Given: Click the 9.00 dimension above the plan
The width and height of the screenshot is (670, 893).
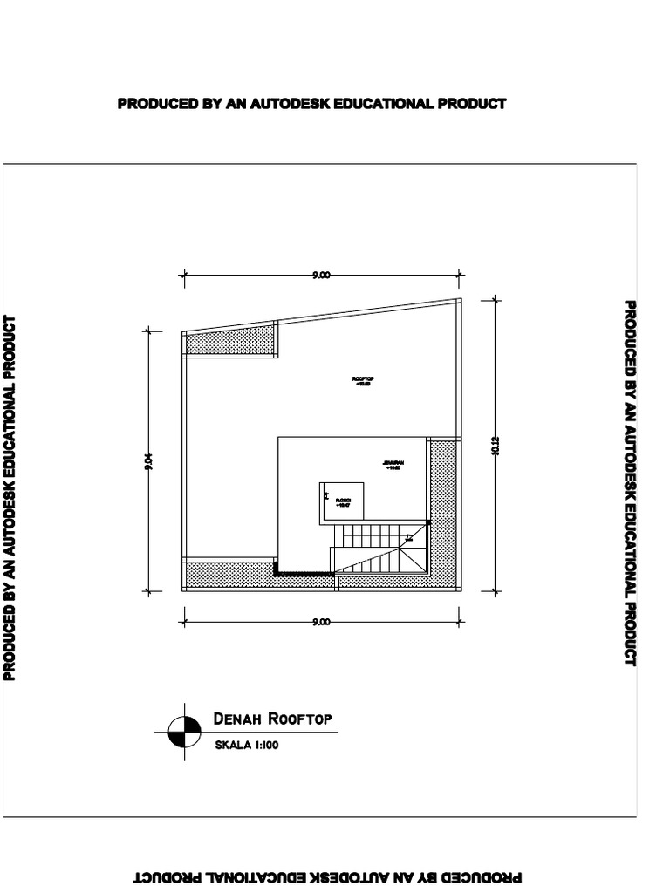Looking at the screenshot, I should click(321, 276).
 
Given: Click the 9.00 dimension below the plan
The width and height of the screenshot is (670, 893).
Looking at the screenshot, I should click(321, 622).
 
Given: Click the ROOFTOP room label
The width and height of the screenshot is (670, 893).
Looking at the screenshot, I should click(363, 380).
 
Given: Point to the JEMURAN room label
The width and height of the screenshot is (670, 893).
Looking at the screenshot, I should click(392, 464).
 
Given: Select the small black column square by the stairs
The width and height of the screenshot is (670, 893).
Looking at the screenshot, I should click(427, 521).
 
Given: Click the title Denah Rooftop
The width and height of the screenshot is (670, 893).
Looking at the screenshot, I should click(272, 719).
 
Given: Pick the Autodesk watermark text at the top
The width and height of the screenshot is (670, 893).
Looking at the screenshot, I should click(311, 104).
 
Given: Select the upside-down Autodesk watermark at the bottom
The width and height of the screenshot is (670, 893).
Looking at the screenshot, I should click(328, 877).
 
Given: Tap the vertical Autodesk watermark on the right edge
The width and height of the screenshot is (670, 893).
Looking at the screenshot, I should click(630, 483).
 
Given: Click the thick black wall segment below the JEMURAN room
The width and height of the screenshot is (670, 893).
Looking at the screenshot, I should click(304, 573).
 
